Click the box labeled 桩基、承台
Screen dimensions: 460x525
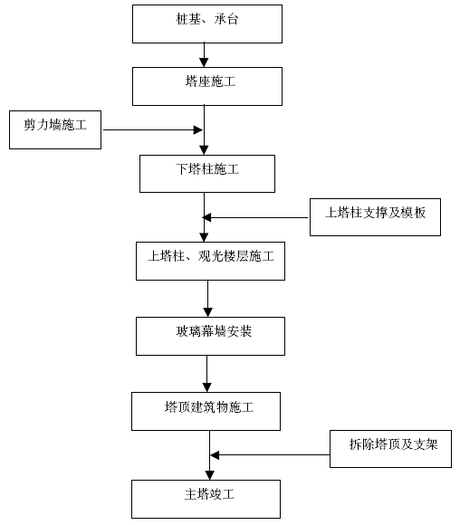coord(207,24)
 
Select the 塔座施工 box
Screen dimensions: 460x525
coord(207,86)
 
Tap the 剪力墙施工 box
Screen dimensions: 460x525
coord(55,130)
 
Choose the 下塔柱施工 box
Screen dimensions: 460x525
coord(207,174)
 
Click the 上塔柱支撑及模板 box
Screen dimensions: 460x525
coord(375,217)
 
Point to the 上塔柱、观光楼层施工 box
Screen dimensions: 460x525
coord(210,262)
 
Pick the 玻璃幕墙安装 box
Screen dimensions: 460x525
coord(210,336)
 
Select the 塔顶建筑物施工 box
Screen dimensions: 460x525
coord(206,411)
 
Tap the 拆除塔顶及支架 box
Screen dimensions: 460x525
coord(390,449)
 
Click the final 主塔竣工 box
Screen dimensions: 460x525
coord(206,500)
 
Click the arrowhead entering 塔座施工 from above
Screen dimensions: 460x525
coord(204,62)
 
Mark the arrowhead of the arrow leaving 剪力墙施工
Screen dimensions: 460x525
coord(198,130)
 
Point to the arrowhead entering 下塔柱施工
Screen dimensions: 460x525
coord(204,150)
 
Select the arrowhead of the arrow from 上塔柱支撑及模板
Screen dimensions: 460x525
coord(206,217)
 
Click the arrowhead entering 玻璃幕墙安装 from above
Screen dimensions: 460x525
coord(207,312)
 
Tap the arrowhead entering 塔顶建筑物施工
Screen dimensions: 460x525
coord(207,387)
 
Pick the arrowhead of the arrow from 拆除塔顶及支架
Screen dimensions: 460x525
coord(215,455)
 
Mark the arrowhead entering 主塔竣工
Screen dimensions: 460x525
coord(210,475)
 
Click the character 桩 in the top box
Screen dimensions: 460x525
coord(182,19)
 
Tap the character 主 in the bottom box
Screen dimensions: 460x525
coord(190,494)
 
